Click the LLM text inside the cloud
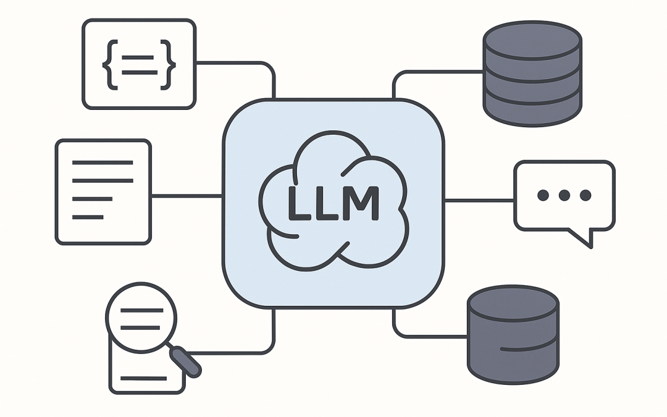pyautogui.click(x=333, y=203)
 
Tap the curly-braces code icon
pyautogui.click(x=139, y=64)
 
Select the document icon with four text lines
pyautogui.click(x=103, y=192)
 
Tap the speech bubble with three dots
pyautogui.click(x=564, y=196)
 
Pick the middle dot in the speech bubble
pyautogui.click(x=564, y=195)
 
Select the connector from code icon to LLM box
pyautogui.click(x=247, y=62)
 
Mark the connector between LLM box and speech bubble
pyautogui.click(x=479, y=200)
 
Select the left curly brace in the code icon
pyautogui.click(x=111, y=64)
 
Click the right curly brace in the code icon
pyautogui.click(x=167, y=64)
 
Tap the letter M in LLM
pyautogui.click(x=362, y=203)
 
